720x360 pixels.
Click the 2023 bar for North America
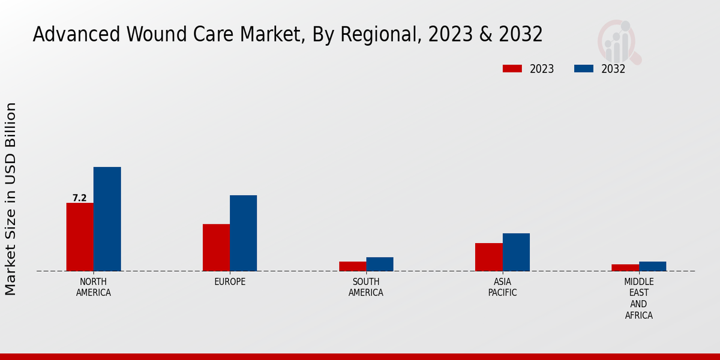(x=80, y=237)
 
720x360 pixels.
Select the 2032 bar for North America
(x=107, y=219)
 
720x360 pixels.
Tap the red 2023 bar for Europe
(x=216, y=247)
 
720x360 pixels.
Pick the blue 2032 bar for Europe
(x=243, y=233)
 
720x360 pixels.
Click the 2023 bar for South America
(x=352, y=266)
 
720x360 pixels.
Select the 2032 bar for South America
(x=380, y=264)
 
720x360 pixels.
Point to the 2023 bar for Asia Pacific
(x=488, y=257)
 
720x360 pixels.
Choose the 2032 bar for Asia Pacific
(x=516, y=252)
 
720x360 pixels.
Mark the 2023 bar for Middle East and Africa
(x=625, y=268)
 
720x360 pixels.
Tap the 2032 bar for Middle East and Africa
(x=652, y=266)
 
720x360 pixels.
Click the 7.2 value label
(x=79, y=198)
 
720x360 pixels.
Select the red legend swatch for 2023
(x=512, y=68)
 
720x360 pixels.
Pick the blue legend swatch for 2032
(x=583, y=68)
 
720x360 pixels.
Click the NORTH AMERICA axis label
(x=94, y=287)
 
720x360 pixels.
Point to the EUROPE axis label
(x=230, y=282)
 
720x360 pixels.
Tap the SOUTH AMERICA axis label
(x=366, y=287)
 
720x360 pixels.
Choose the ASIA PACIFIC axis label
(x=503, y=287)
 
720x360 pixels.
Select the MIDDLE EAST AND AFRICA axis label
(x=639, y=298)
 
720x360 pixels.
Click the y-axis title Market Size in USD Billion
(x=11, y=199)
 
